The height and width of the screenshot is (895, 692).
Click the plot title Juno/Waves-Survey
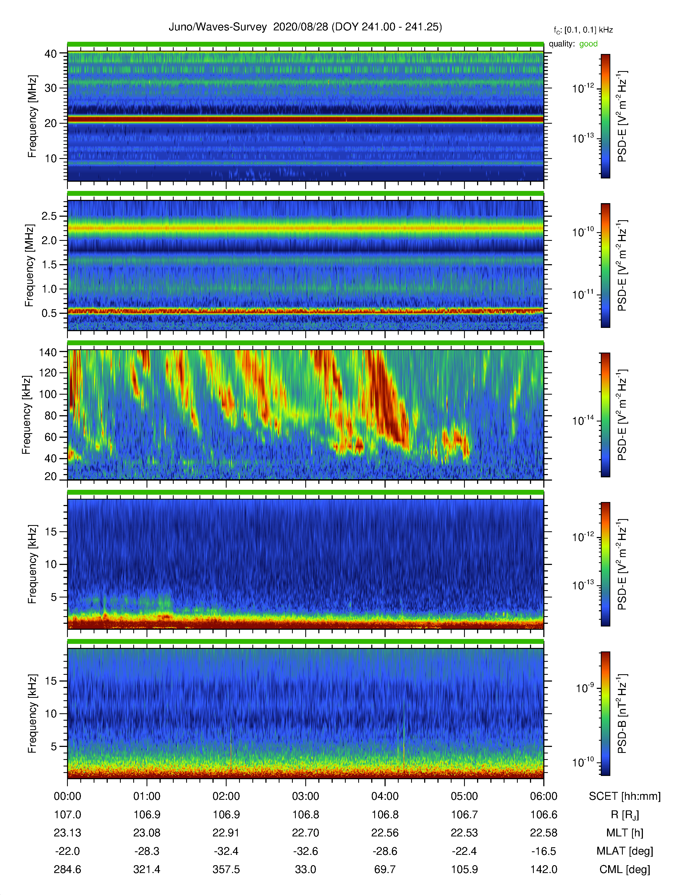tap(218, 27)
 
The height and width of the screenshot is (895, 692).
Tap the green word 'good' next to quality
tap(588, 44)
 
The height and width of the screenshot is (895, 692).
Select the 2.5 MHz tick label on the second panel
tap(49, 216)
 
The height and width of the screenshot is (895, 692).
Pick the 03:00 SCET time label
tap(305, 796)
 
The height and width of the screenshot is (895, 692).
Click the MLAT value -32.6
tap(305, 851)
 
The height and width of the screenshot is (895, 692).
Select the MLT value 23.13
tap(67, 833)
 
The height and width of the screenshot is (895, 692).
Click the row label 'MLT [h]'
tap(625, 833)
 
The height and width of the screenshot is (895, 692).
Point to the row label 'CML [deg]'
tap(625, 870)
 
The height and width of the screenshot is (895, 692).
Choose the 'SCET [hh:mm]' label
tap(625, 796)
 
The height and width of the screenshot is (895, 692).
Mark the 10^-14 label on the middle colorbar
tap(583, 420)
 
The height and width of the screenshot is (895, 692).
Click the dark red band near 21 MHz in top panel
tap(305, 119)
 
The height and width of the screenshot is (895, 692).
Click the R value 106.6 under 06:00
tap(544, 815)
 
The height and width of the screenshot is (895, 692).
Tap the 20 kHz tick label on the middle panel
tap(51, 477)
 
